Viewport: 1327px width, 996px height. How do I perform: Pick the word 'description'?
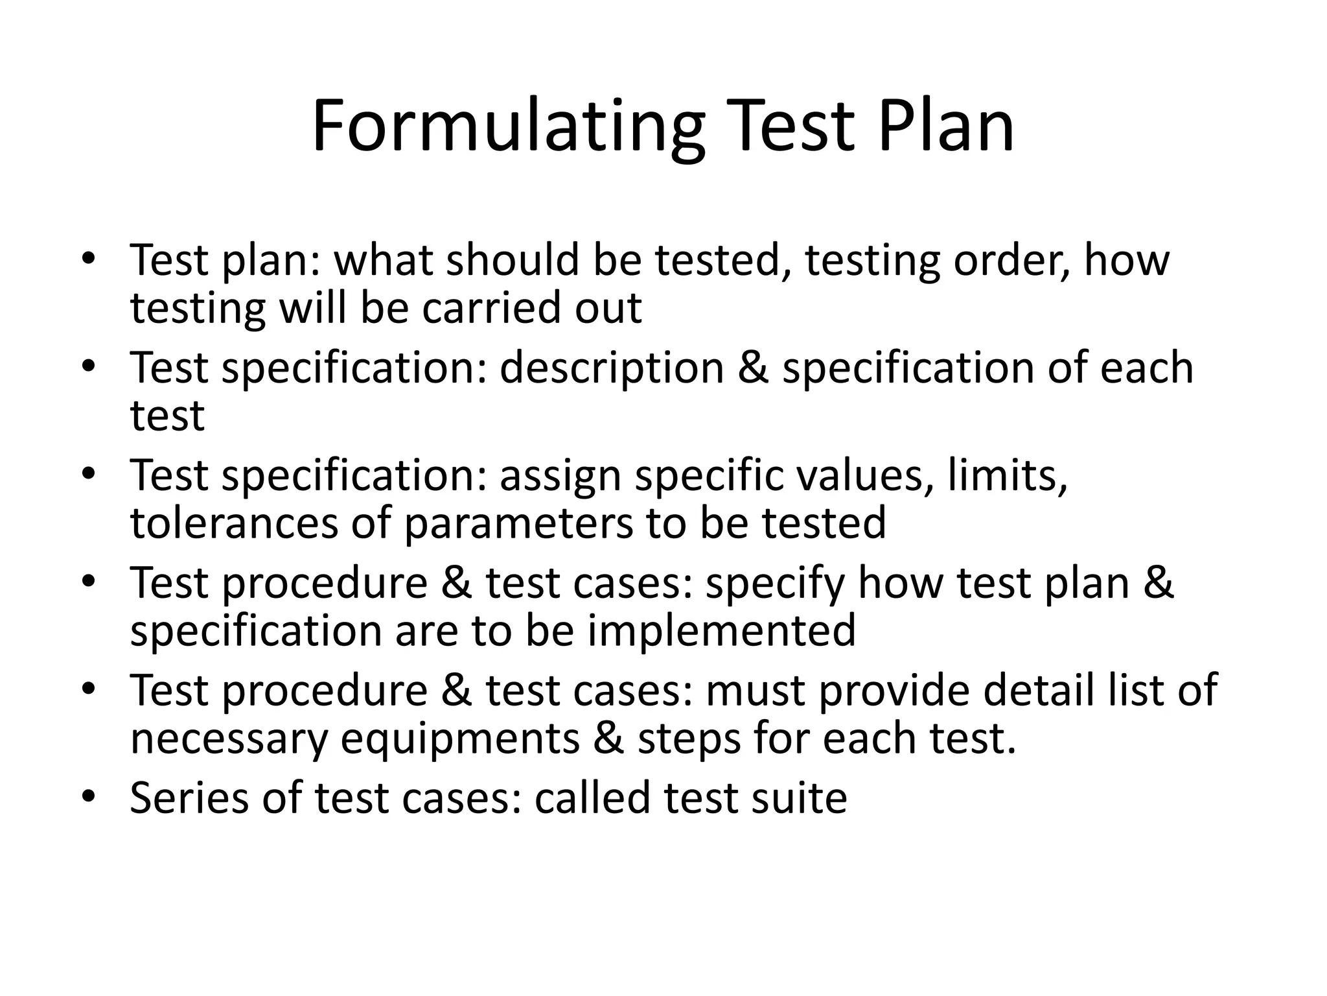[x=611, y=368]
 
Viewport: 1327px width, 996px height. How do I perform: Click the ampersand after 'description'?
[x=753, y=368]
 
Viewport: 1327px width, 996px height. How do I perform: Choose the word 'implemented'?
[x=722, y=630]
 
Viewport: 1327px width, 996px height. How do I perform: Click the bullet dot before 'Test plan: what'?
[x=89, y=257]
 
